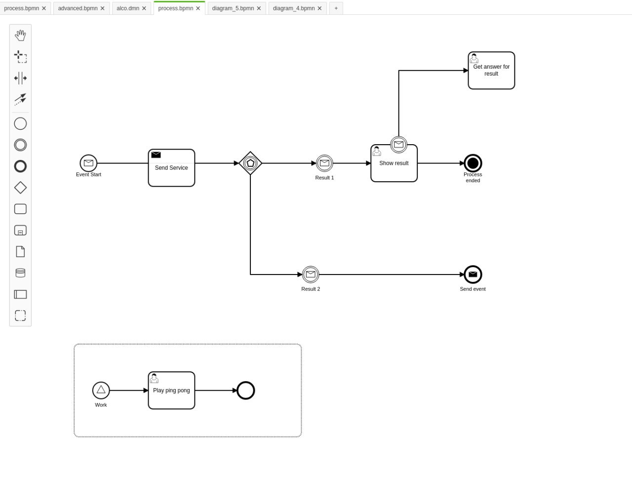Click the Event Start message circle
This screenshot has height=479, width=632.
88,163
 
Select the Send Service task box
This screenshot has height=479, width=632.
171,168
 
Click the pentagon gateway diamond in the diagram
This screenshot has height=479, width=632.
250,163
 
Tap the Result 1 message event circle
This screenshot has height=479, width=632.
324,163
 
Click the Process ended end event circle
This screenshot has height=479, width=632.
473,163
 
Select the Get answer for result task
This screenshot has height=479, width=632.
491,71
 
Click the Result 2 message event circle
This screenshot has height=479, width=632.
311,275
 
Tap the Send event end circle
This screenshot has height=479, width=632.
473,275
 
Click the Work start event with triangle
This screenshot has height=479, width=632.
101,390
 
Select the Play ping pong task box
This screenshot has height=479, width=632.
171,390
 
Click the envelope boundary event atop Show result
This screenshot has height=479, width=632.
398,145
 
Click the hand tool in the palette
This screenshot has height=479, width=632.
20,36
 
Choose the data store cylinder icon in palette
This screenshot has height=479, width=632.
20,273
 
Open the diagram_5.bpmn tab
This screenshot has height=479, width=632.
233,8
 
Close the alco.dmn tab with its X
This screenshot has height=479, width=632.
144,8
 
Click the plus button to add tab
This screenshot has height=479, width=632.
336,8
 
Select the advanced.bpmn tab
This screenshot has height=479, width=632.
78,8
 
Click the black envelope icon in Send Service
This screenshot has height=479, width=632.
156,155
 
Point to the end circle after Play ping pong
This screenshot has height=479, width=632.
245,390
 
